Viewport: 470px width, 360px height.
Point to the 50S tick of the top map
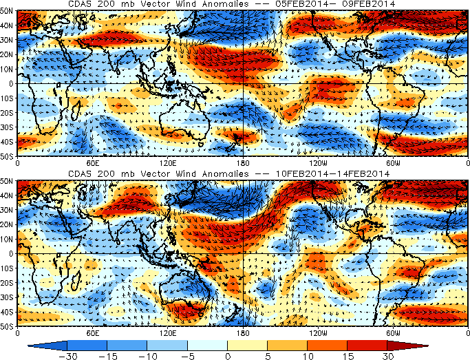coord(8,158)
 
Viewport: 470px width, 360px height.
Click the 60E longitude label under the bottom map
coord(92,332)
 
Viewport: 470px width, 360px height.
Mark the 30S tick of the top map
coord(8,128)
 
